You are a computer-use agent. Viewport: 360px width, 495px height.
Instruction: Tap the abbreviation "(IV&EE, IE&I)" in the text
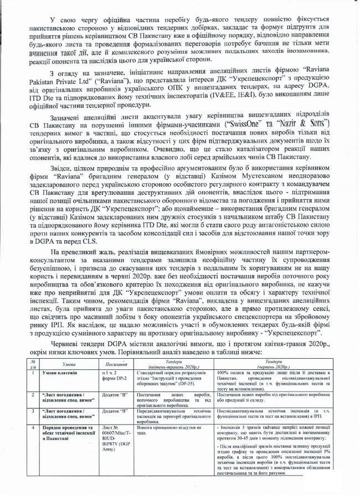(x=220, y=95)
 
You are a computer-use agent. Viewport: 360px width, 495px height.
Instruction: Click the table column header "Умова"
(x=69, y=365)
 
